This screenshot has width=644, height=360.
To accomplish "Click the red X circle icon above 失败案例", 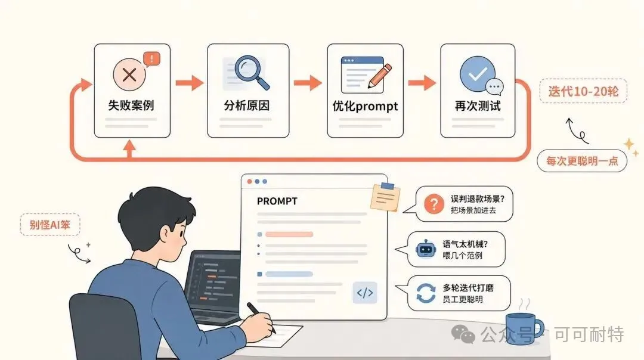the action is coord(129,75).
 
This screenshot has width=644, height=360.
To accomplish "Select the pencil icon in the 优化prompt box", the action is coord(379,76).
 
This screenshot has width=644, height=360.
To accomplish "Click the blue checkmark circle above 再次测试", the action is coord(477,74).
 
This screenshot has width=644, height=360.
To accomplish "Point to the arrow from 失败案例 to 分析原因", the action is coord(190,83).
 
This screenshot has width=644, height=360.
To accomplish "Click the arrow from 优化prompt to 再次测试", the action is coord(422,83).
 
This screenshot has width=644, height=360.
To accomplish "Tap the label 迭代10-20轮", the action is coord(583,91).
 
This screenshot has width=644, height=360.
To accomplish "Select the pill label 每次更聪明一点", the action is coord(582,160).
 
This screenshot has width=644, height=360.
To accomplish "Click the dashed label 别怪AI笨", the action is coord(49,225).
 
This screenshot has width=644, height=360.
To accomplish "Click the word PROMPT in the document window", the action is coord(277,201).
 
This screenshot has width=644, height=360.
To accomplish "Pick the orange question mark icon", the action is coord(434,204).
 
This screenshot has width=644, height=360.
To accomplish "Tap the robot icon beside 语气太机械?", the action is coord(426,249).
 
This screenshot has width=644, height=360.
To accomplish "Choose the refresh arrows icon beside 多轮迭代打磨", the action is coord(426,293).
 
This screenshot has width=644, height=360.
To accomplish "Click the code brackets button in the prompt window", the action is coord(365,293).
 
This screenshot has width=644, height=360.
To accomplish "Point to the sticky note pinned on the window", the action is coord(385,197).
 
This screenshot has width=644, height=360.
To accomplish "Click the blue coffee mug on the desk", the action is coord(524,329).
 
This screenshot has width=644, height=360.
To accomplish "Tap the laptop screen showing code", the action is coord(213,283).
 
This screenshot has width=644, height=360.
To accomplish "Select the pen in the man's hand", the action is coord(261,318).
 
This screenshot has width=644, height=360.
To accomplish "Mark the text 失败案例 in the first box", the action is coord(131,105).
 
